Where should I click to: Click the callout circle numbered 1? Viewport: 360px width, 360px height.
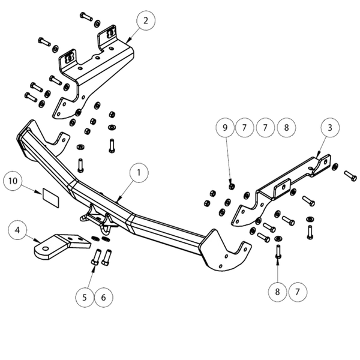point(139,173)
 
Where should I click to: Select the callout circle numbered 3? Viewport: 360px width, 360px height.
point(329,127)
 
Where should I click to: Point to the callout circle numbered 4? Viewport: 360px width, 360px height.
point(18,230)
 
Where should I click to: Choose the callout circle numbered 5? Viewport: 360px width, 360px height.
point(86,296)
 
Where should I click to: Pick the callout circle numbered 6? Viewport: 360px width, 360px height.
point(103,296)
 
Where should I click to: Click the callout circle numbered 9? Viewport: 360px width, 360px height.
point(226,127)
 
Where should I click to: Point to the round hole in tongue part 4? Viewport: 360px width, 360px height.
point(44,246)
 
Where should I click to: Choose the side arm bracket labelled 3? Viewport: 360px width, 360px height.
point(282,186)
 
